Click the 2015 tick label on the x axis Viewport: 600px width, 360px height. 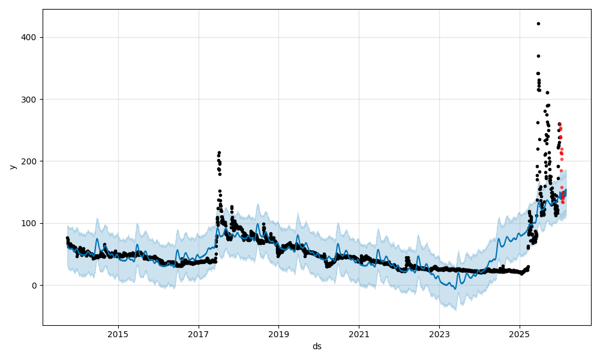point(118,334)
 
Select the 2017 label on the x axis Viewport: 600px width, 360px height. point(199,334)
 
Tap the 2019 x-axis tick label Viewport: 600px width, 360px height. point(278,334)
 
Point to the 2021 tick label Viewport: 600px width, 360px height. point(359,334)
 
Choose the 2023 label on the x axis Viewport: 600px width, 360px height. point(439,334)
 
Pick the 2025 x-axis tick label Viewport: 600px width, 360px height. point(520,334)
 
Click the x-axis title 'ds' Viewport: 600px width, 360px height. point(317,346)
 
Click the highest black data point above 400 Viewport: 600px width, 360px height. point(538,23)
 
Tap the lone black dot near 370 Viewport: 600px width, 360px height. point(538,56)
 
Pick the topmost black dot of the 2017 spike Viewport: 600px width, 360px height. point(219,152)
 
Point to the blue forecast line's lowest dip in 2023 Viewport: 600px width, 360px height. point(455,289)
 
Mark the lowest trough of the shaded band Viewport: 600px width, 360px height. point(455,310)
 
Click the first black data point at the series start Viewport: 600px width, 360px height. point(67,238)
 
